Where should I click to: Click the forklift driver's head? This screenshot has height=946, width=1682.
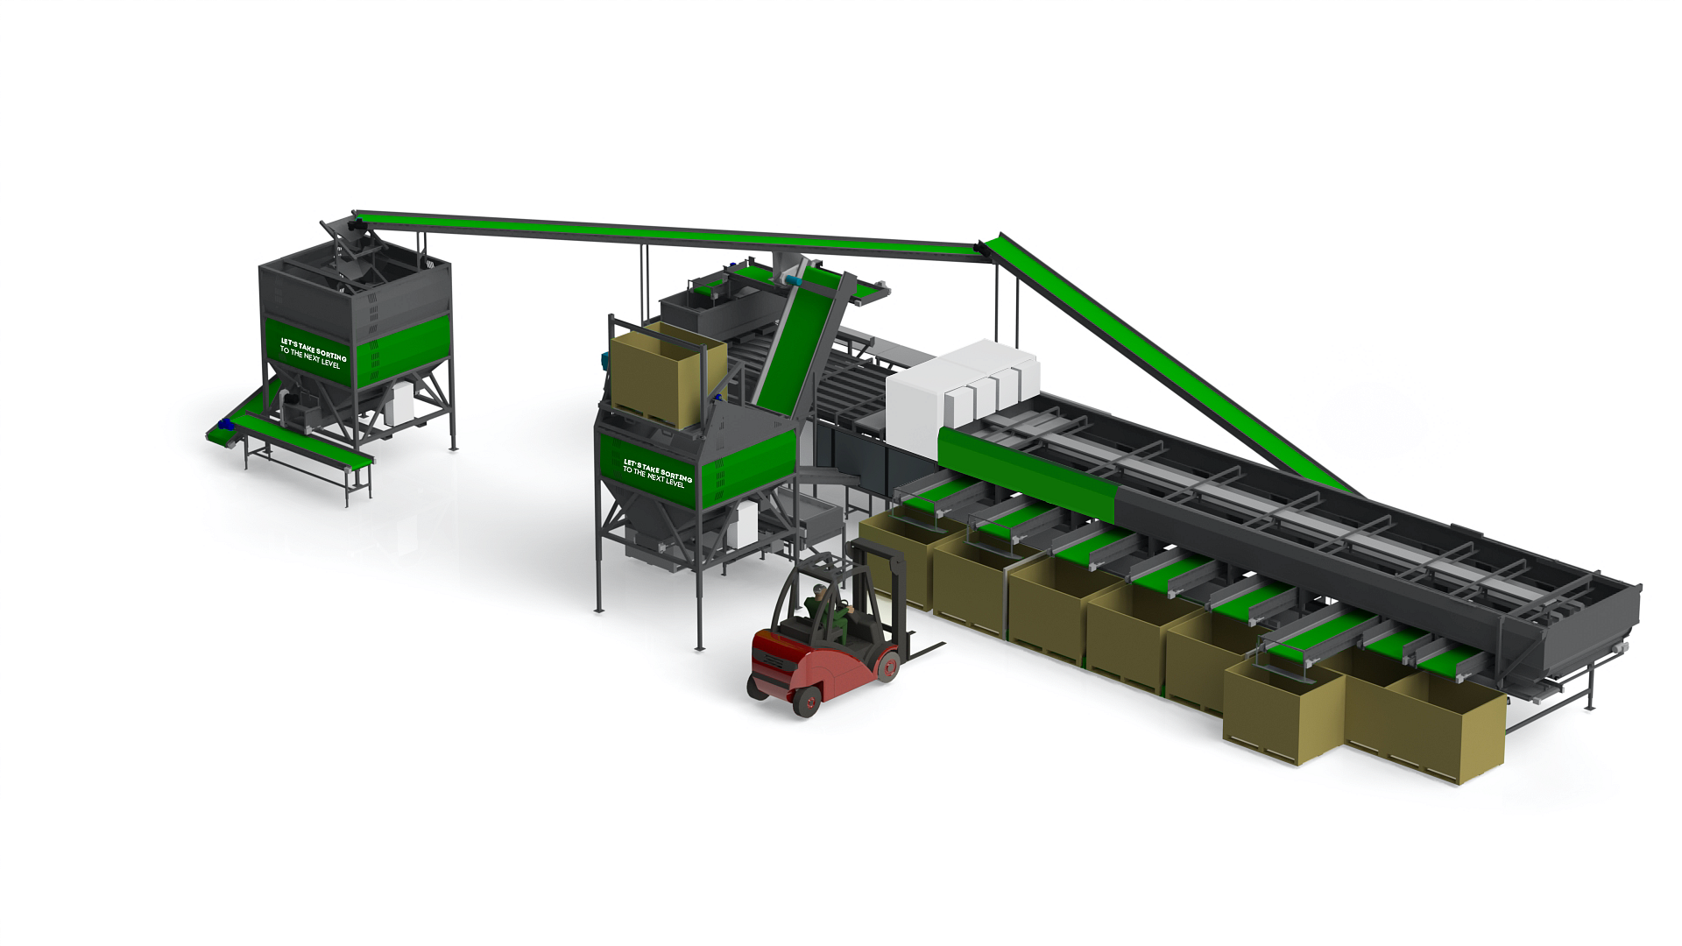tap(820, 591)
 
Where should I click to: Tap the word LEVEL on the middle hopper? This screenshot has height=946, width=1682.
tap(675, 483)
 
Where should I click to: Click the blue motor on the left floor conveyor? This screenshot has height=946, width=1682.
tap(224, 425)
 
